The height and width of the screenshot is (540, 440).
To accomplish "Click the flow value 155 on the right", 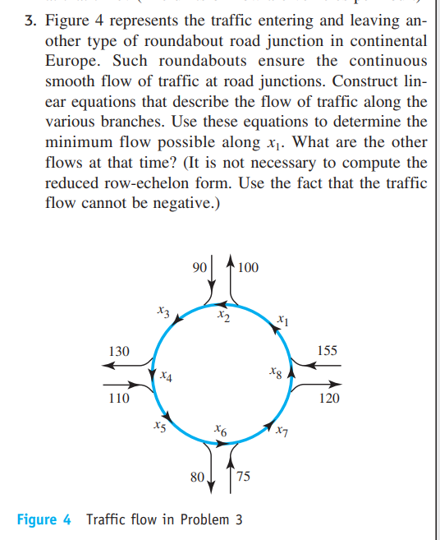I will tap(327, 351).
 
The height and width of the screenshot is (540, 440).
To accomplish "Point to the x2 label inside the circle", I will tap(222, 315).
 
